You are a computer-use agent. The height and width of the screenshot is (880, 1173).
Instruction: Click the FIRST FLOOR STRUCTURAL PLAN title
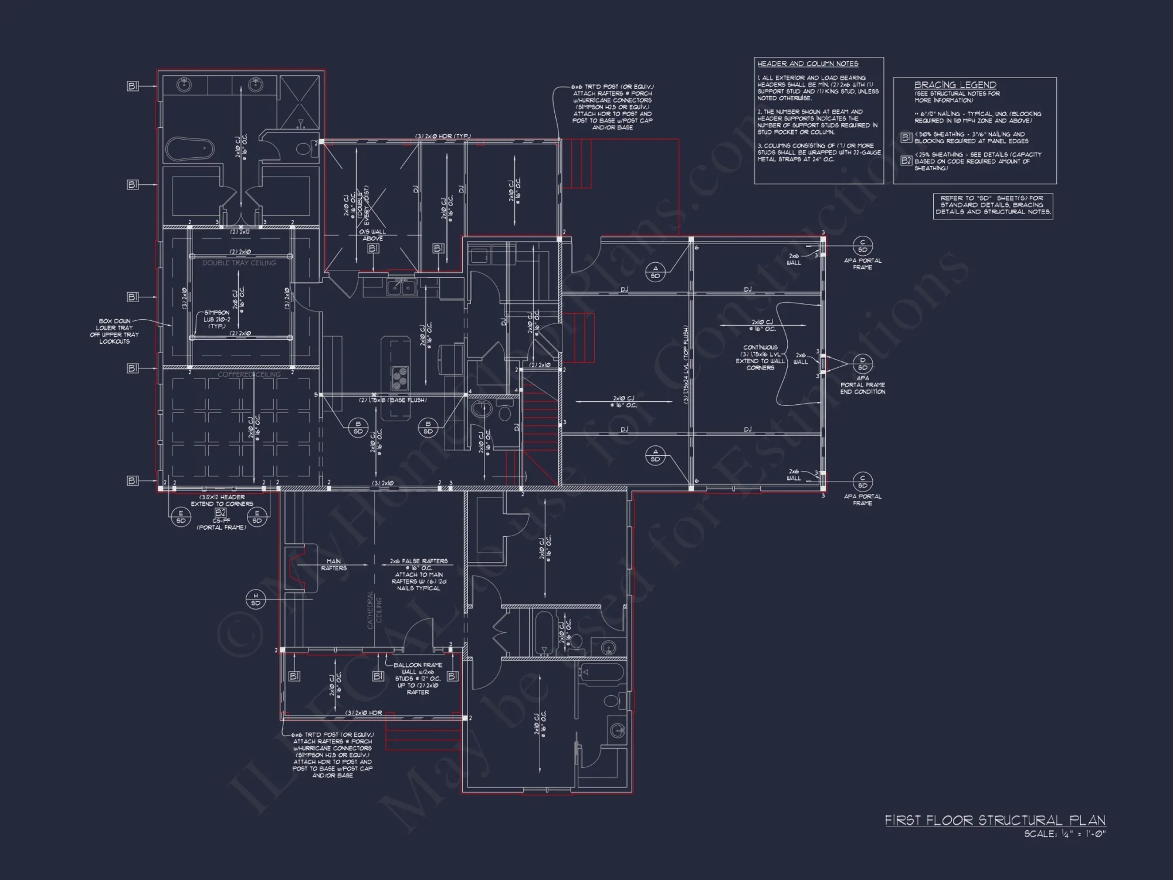(995, 820)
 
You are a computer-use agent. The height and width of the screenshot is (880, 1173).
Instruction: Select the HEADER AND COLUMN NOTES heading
(808, 64)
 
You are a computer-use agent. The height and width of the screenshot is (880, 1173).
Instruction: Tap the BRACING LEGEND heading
(955, 85)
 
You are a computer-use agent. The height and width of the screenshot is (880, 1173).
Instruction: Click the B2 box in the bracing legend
(906, 160)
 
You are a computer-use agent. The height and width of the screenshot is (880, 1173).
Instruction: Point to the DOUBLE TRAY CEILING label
(239, 263)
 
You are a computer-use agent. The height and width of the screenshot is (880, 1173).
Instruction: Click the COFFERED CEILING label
(249, 374)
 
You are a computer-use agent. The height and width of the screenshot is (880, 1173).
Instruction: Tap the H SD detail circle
(256, 599)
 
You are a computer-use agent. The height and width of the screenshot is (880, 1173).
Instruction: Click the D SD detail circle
(862, 364)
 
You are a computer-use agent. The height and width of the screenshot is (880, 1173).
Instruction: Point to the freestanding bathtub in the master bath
(189, 149)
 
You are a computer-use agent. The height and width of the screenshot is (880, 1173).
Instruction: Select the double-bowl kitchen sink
(402, 287)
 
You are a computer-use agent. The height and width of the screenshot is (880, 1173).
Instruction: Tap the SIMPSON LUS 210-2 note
(216, 319)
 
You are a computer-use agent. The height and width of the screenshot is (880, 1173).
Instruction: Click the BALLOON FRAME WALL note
(418, 678)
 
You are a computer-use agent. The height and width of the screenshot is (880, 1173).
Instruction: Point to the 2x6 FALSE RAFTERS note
(418, 574)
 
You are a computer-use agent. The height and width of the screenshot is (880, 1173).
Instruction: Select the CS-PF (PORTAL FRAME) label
(221, 524)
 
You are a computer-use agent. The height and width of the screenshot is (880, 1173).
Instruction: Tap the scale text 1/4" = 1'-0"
(1064, 834)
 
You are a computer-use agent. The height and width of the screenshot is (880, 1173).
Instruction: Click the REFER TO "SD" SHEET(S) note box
(992, 205)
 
